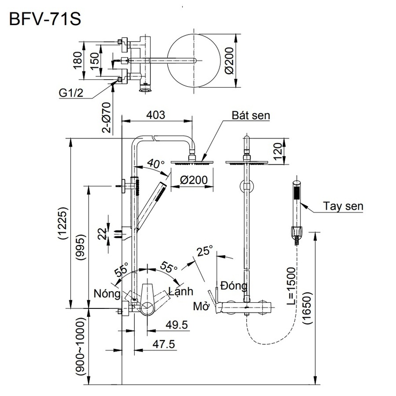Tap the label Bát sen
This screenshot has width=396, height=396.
pyautogui.click(x=252, y=116)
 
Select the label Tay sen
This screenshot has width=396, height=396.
pyautogui.click(x=343, y=205)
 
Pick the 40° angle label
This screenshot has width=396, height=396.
pyautogui.click(x=155, y=164)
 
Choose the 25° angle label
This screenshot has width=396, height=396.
pyautogui.click(x=204, y=251)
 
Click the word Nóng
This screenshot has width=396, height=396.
pyautogui.click(x=107, y=294)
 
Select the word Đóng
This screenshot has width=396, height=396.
pyautogui.click(x=234, y=285)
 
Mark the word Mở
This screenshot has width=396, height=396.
pyautogui.click(x=201, y=307)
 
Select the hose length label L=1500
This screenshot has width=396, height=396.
pyautogui.click(x=291, y=287)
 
